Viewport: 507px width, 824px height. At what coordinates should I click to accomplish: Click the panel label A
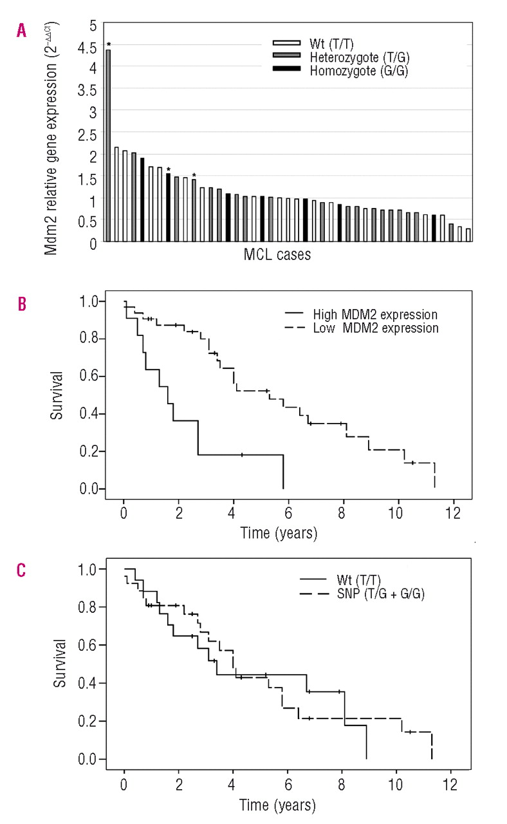(23, 30)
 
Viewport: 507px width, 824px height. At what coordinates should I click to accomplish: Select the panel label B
(23, 303)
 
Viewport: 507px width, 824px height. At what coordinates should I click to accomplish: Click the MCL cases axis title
(277, 255)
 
